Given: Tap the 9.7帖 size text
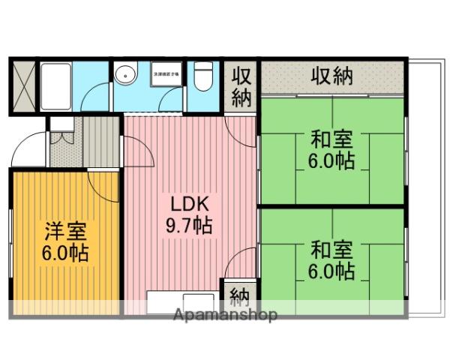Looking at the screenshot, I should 187,224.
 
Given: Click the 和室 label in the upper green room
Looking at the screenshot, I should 331,140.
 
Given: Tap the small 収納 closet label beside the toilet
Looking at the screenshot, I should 240,87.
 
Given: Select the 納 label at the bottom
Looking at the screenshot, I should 240,294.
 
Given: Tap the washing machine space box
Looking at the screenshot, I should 166,75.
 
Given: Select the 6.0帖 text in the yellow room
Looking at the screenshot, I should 64,253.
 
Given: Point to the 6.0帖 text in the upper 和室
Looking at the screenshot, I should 331,161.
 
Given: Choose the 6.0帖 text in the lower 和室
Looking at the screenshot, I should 331,271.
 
